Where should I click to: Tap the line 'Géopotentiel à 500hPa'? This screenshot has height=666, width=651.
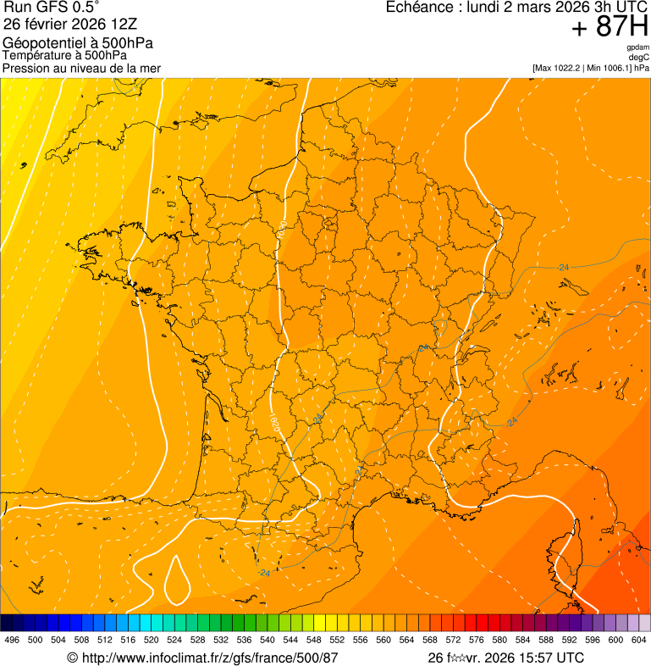[x=78, y=43]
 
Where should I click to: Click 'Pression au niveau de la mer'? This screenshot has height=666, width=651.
[x=81, y=68]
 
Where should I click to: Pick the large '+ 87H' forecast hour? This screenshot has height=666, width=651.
[x=610, y=28]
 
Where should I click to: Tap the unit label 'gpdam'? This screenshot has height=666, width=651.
[x=637, y=47]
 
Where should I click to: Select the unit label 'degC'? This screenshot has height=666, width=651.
[x=639, y=57]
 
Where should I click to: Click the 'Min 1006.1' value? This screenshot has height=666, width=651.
[x=608, y=67]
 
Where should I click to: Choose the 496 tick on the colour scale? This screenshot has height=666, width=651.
[x=12, y=640]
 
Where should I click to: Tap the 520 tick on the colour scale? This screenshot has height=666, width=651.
[x=152, y=640]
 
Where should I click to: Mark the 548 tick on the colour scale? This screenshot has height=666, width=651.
[x=314, y=640]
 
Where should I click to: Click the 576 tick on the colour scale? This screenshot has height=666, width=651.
[x=477, y=640]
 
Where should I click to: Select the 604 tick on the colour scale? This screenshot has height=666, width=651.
[x=639, y=640]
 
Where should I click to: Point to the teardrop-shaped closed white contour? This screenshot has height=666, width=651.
[x=177, y=580]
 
